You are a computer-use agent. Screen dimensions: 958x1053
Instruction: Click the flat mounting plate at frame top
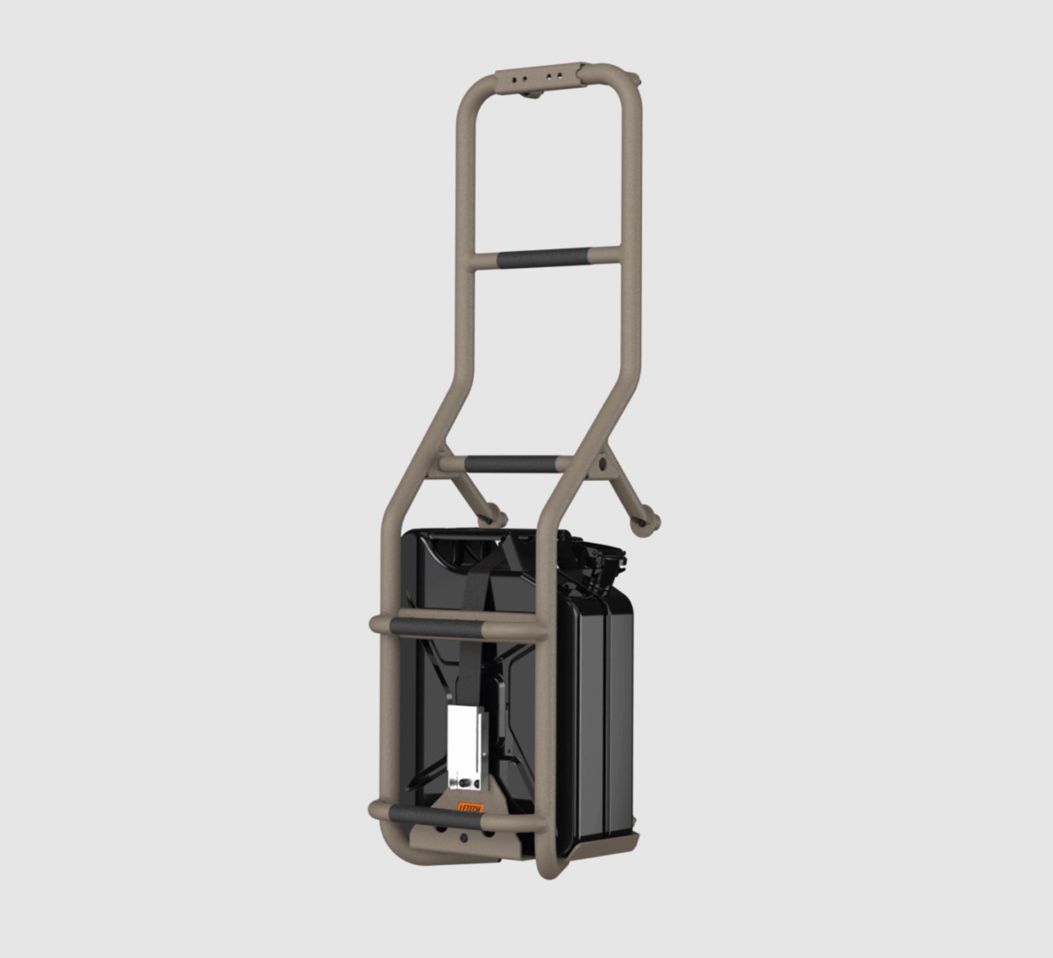pyautogui.click(x=540, y=77)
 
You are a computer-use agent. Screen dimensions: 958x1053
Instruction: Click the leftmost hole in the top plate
pyautogui.click(x=511, y=80)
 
